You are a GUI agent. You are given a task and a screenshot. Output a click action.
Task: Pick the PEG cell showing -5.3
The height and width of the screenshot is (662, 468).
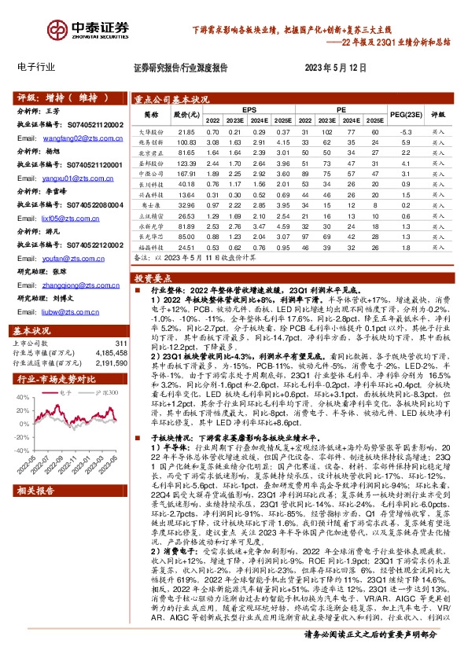point(406,131)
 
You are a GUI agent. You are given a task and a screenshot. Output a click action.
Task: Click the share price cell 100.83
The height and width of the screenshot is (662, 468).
point(186,142)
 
